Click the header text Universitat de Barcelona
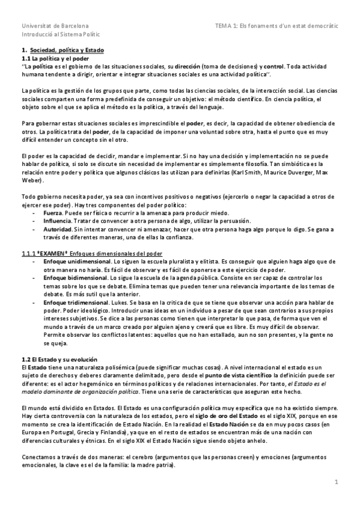(55, 26)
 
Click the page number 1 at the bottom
(337, 482)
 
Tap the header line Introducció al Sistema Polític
(63, 36)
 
